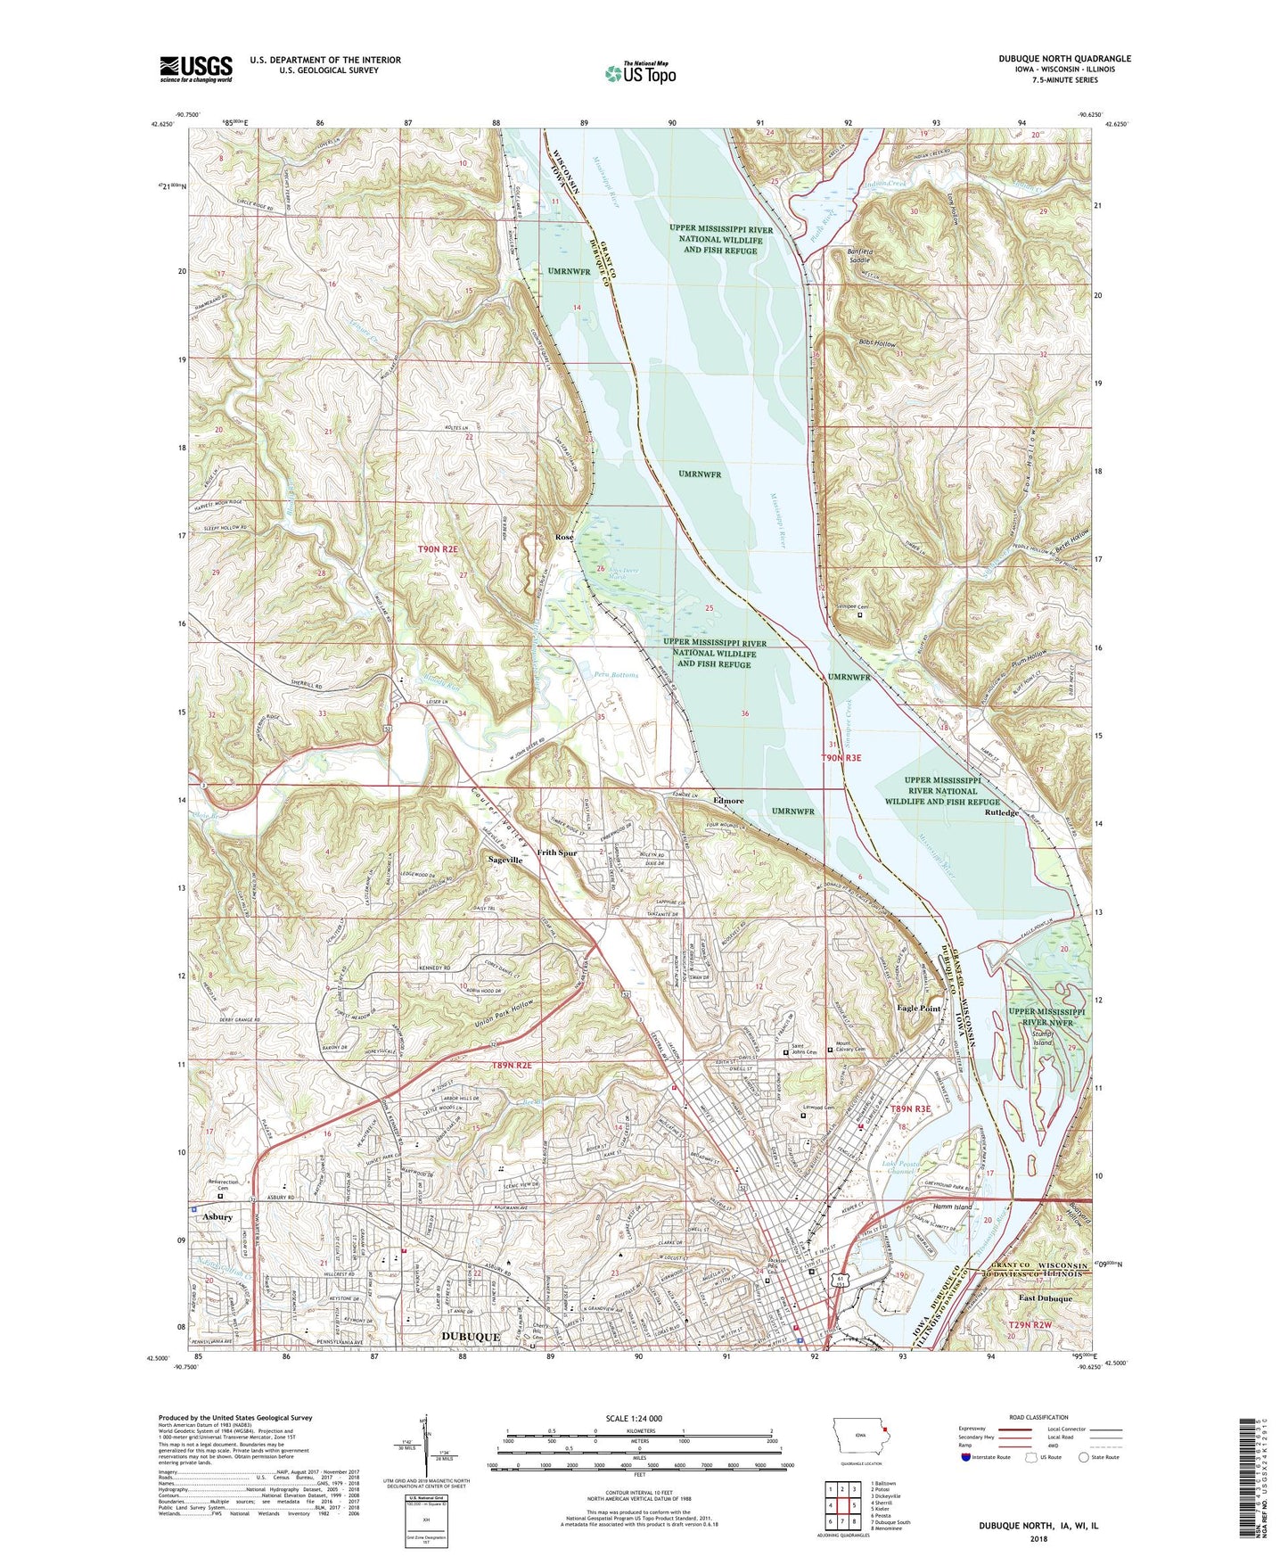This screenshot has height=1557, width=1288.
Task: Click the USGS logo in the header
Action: point(195,69)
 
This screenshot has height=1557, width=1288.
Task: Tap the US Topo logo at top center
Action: point(640,73)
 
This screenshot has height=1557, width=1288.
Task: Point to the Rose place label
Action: point(563,538)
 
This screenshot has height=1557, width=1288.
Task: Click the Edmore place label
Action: point(728,801)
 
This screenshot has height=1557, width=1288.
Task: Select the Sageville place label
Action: point(505,860)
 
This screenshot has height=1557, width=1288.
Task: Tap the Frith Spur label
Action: point(557,853)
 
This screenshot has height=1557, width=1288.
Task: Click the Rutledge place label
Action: point(1002,813)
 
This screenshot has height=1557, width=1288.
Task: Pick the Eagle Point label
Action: point(918,1008)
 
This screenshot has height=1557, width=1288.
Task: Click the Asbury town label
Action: point(217,1217)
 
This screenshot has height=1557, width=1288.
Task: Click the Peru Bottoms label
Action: point(616,675)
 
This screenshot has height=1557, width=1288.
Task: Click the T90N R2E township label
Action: point(437,550)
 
